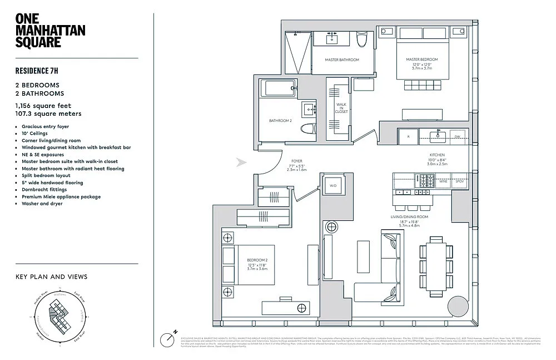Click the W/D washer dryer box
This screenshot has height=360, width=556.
(x=333, y=186)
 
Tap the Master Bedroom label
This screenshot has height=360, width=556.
(x=421, y=60)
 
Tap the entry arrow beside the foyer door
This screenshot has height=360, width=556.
(x=241, y=162)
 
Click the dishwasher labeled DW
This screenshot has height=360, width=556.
(x=457, y=136)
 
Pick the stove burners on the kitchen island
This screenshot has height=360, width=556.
(x=426, y=181)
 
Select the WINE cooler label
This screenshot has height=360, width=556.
(x=444, y=181)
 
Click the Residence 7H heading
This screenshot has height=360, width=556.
(x=37, y=71)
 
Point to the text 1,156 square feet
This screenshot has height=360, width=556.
(x=43, y=105)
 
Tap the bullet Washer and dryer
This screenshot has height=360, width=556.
(x=42, y=204)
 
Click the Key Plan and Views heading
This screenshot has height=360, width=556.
(x=51, y=277)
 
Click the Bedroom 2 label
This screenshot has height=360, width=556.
(x=257, y=260)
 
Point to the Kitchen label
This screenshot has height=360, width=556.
(x=437, y=155)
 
